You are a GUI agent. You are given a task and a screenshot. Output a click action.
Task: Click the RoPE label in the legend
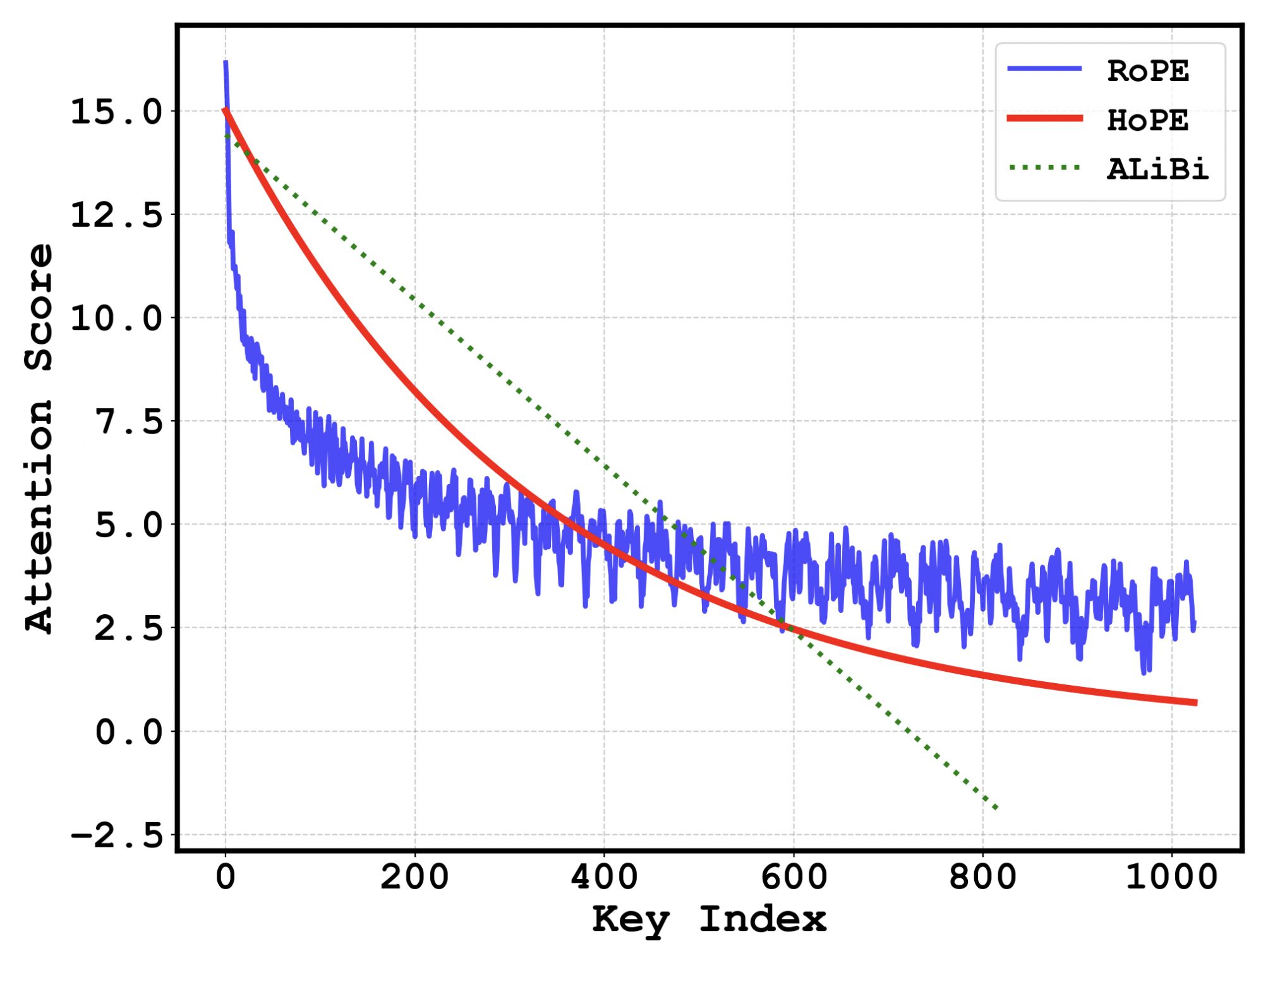(x=1147, y=71)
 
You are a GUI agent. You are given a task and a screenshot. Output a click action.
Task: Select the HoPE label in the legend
(x=1147, y=120)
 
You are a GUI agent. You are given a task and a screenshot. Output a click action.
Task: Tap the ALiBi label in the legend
(x=1157, y=169)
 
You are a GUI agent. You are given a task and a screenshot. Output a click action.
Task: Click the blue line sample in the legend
(x=1044, y=68)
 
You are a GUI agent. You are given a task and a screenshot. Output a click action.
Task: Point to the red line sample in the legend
(x=1044, y=118)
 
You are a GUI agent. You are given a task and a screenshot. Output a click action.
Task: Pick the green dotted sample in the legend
(x=1044, y=167)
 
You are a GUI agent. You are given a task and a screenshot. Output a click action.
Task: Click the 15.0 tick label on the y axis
(x=116, y=112)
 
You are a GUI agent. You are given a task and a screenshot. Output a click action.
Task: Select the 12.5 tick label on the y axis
(x=116, y=215)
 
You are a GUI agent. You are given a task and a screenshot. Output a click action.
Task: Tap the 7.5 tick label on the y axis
(x=129, y=422)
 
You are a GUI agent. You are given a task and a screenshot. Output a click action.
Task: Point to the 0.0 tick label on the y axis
(x=129, y=732)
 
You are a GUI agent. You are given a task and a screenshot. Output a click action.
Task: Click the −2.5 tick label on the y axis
(x=116, y=836)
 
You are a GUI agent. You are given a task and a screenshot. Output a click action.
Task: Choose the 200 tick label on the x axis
(x=414, y=877)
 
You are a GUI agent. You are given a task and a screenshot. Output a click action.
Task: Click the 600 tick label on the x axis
(x=794, y=877)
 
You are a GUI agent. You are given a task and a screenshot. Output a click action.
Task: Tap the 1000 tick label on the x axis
(x=1171, y=877)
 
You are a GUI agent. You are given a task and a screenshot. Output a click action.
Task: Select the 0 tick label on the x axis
(x=226, y=877)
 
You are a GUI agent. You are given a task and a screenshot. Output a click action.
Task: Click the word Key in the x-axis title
(x=630, y=920)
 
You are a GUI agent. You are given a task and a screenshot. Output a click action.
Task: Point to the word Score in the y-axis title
(x=39, y=308)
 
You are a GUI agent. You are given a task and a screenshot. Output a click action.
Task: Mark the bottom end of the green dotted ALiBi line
(x=997, y=808)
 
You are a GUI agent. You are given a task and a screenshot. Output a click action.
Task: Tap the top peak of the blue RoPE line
(x=226, y=62)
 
